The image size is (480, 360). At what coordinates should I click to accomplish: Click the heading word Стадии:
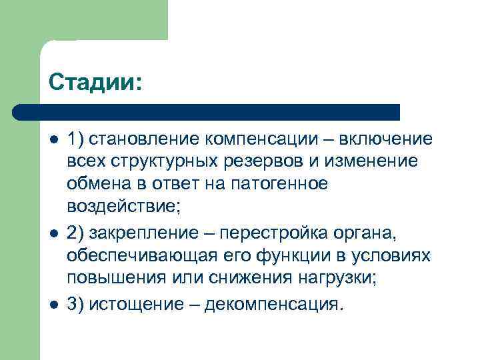pyautogui.click(x=95, y=83)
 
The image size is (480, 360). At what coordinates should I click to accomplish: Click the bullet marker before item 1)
pyautogui.click(x=53, y=140)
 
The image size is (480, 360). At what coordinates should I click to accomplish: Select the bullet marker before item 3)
pyautogui.click(x=53, y=305)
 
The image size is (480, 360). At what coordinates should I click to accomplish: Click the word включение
pyautogui.click(x=386, y=139)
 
